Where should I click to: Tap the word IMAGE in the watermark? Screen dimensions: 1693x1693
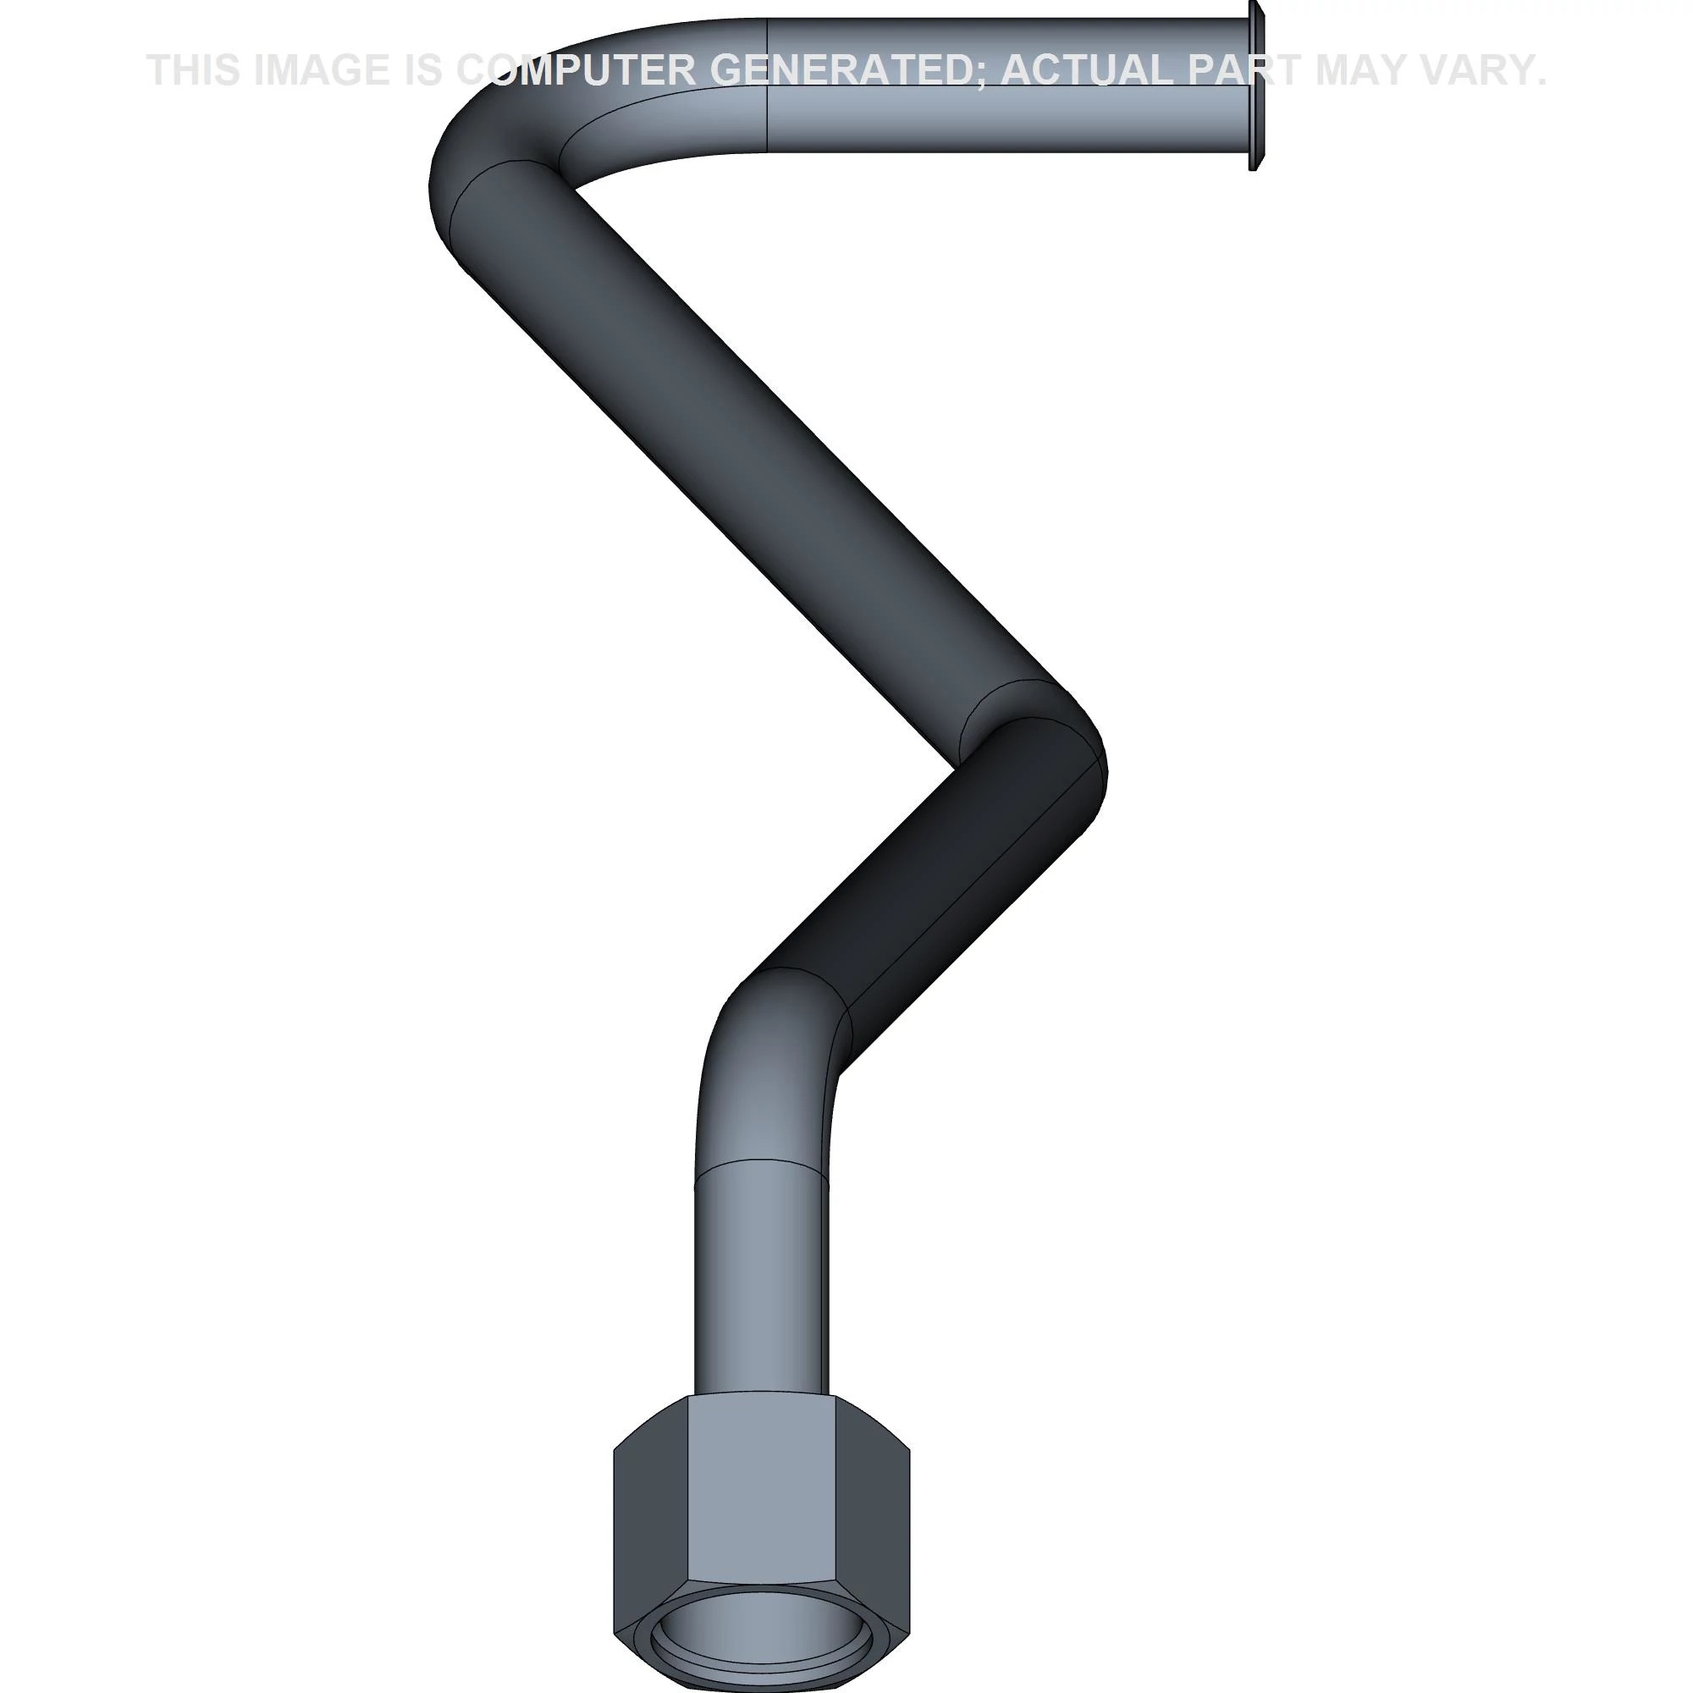[322, 70]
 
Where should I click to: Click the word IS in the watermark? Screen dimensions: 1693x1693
[424, 70]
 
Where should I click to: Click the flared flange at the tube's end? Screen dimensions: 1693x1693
[1255, 85]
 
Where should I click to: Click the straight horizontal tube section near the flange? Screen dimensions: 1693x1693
[1007, 85]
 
